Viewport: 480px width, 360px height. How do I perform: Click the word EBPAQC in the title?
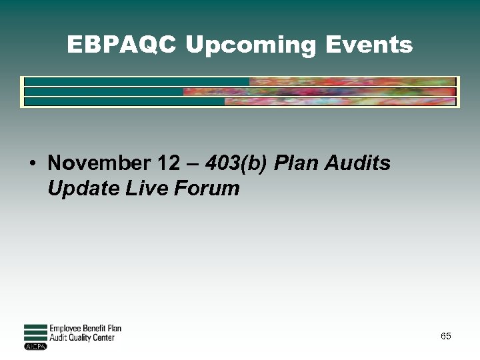tap(122, 45)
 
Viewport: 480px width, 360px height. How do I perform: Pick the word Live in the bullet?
tap(147, 189)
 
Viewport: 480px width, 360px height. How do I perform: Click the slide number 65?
tap(445, 337)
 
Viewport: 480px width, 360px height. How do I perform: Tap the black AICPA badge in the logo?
tap(35, 346)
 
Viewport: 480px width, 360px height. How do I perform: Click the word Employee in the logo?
tap(66, 329)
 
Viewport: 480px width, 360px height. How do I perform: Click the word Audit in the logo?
tap(58, 338)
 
